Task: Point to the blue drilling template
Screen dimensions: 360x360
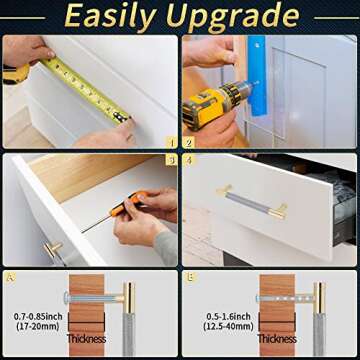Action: pyautogui.click(x=257, y=75)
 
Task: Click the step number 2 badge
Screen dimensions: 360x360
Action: pyautogui.click(x=188, y=143)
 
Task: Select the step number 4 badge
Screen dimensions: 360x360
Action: pyautogui.click(x=188, y=160)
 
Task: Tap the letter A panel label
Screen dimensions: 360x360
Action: pyautogui.click(x=10, y=276)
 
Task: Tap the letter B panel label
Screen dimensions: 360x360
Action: pyautogui.click(x=190, y=276)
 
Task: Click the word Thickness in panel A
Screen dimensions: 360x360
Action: pyautogui.click(x=86, y=338)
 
